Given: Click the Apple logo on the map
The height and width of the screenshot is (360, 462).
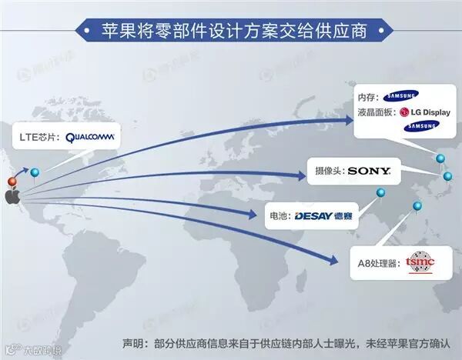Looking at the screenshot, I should pyautogui.click(x=12, y=197).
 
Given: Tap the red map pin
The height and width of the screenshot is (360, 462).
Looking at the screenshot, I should pyautogui.click(x=12, y=182).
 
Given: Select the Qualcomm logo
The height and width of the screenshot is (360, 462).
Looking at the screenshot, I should pyautogui.click(x=90, y=138).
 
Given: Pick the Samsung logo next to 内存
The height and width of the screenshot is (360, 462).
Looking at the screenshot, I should pyautogui.click(x=401, y=96).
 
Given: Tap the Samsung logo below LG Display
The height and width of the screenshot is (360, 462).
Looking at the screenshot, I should pyautogui.click(x=423, y=127).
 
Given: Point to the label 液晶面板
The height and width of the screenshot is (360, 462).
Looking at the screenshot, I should pyautogui.click(x=377, y=112).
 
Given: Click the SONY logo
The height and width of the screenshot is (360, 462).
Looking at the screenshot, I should pyautogui.click(x=369, y=171).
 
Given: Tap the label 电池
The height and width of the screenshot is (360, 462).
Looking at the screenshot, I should pyautogui.click(x=279, y=216).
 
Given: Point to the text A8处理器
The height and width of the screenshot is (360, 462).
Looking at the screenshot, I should pyautogui.click(x=379, y=263).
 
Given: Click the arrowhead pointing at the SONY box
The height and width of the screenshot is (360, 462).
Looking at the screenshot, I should pyautogui.click(x=301, y=175).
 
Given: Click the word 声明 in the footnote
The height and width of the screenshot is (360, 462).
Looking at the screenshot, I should pyautogui.click(x=132, y=343).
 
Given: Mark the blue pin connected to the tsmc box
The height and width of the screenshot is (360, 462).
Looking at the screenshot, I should pyautogui.click(x=417, y=206).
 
